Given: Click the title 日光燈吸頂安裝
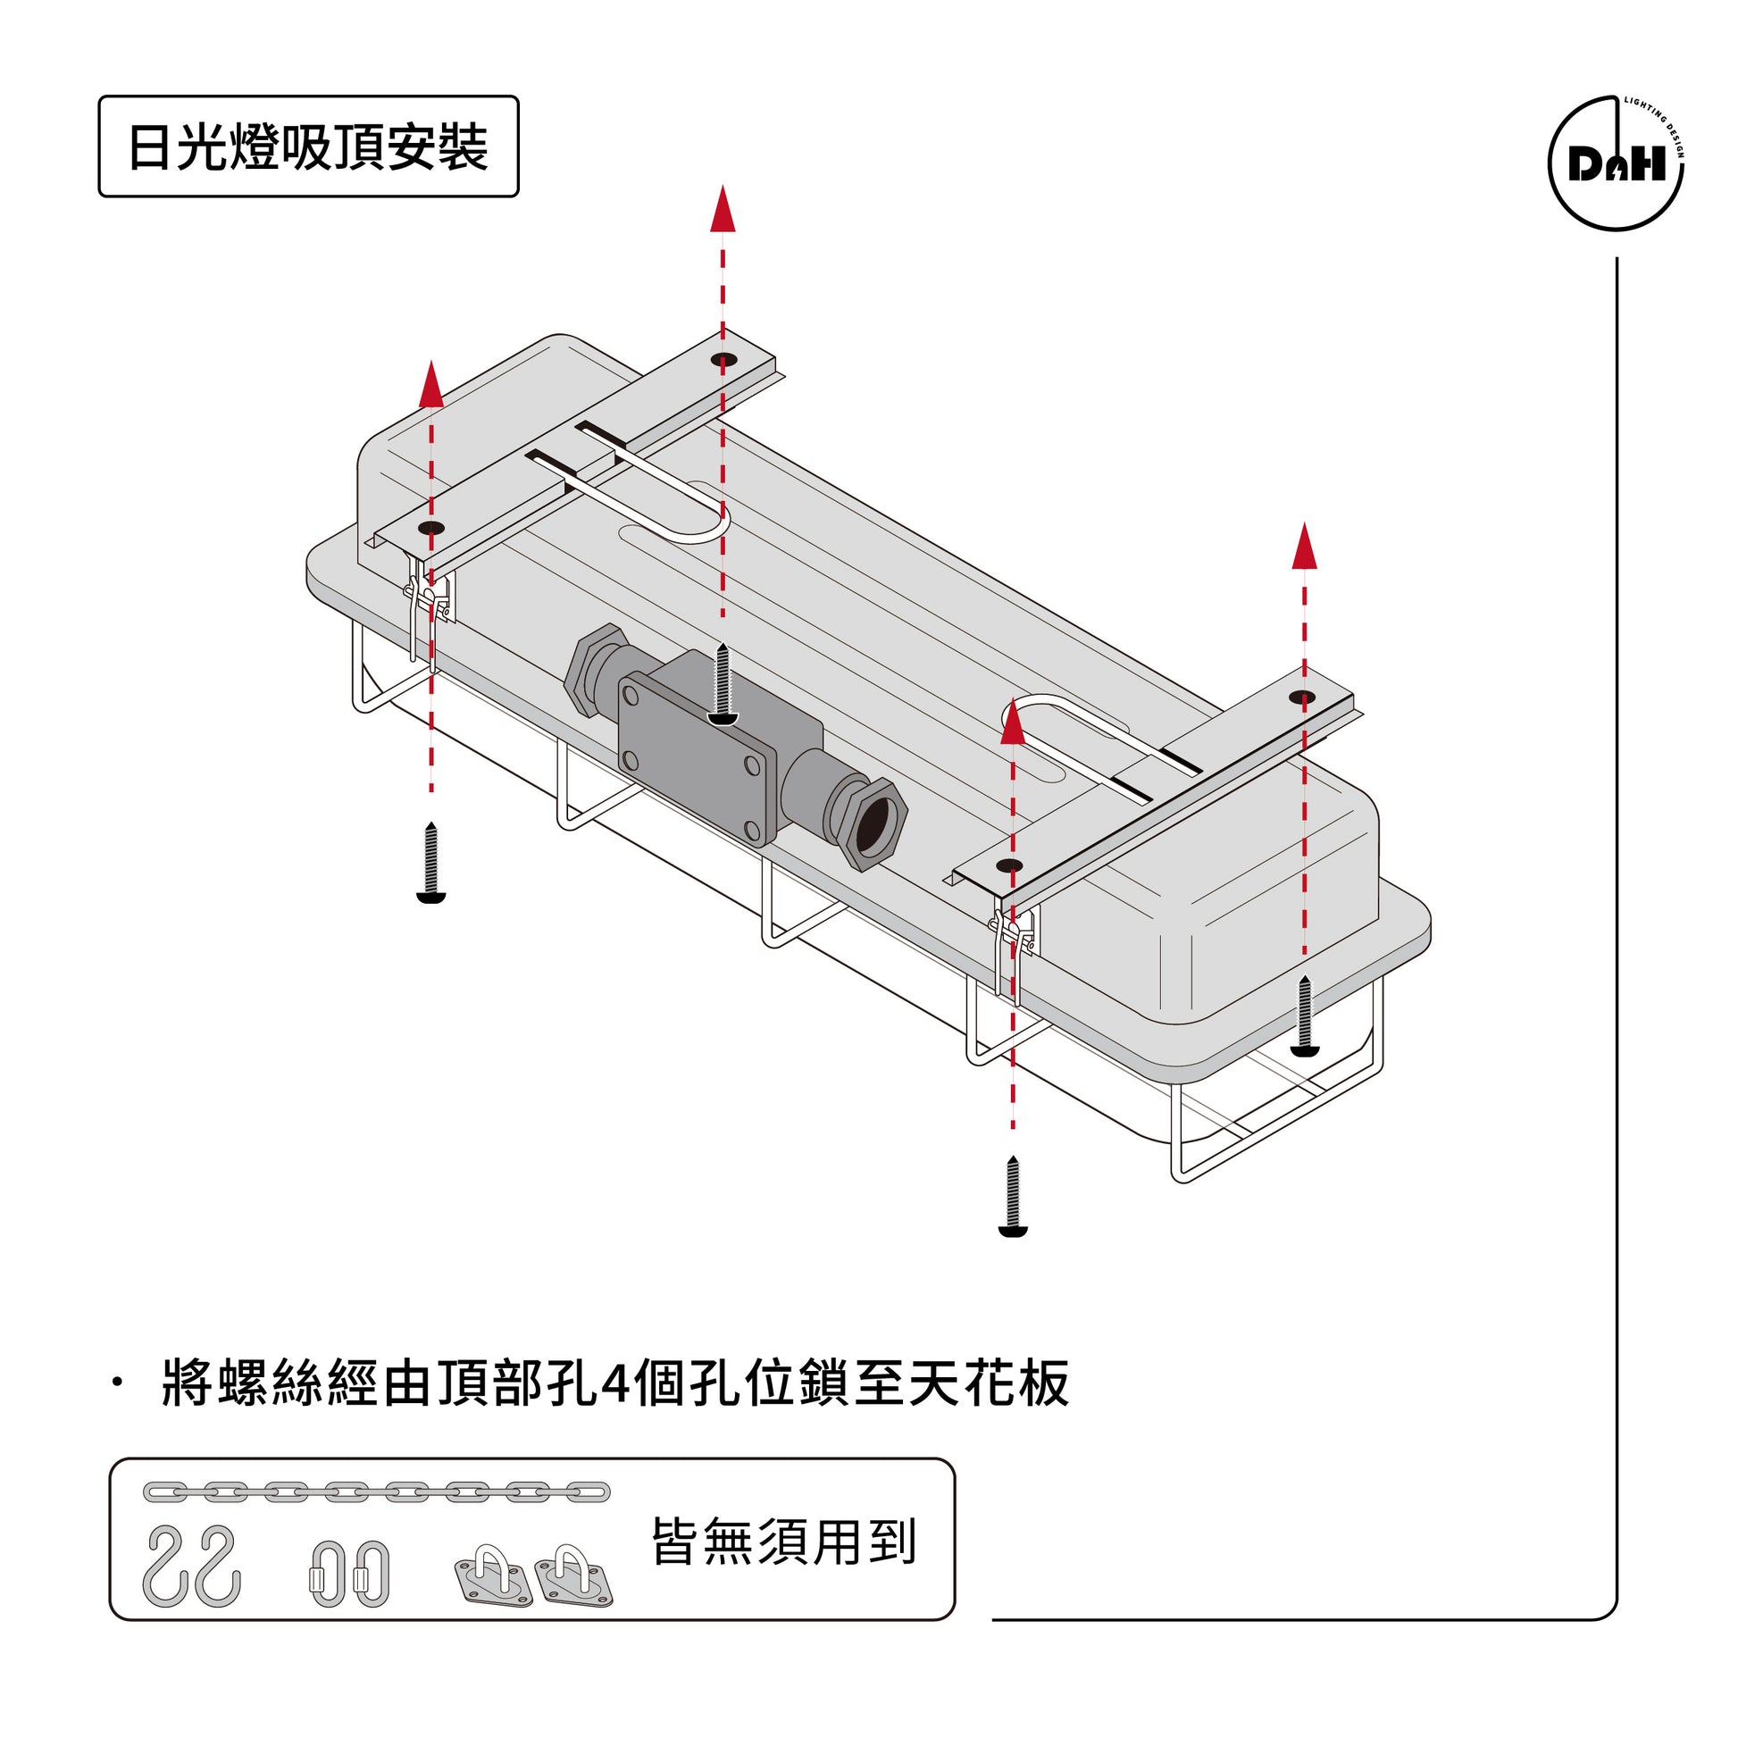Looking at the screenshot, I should point(307,146).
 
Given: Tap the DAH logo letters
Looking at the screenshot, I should point(1617,164).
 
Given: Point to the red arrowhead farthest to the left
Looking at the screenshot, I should point(431,385).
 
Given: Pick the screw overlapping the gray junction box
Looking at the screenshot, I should point(723,684).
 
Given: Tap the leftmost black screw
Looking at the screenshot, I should point(430,863).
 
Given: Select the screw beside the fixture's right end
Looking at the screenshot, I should point(1304,1015).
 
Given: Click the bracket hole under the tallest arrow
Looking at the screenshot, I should point(723,360).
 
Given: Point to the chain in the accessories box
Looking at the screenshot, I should point(376,1492).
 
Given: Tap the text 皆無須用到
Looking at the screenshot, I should point(782,1542).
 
